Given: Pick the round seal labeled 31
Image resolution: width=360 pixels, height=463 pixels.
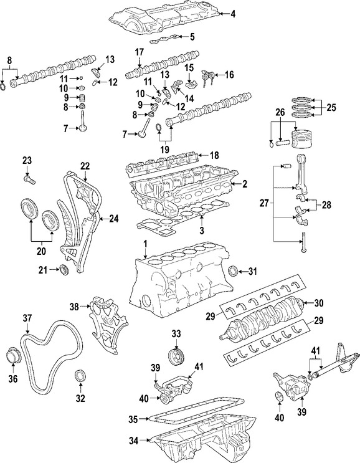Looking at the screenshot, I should tap(234, 271).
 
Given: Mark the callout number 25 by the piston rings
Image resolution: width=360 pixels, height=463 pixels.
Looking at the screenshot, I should tap(331, 108).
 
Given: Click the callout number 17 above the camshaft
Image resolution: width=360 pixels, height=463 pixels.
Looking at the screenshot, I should tap(140, 52).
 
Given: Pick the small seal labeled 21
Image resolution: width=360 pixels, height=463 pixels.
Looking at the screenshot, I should tap(63, 269).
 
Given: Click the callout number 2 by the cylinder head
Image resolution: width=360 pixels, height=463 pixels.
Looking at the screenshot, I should tap(245, 184).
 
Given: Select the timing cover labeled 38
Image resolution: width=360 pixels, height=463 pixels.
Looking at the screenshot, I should tap(103, 318).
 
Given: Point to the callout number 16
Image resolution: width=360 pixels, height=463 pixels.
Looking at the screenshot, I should tap(229, 75).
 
